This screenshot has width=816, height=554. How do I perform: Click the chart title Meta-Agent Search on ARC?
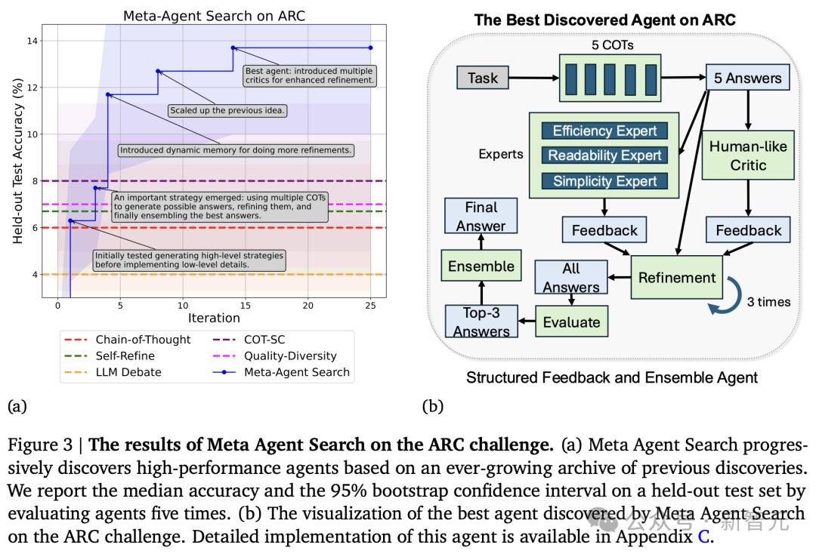pyautogui.click(x=214, y=16)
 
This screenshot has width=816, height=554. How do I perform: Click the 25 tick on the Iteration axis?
pyautogui.click(x=370, y=306)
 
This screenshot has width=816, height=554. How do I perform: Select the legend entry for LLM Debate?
pyautogui.click(x=128, y=372)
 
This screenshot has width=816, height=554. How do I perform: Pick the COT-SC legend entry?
pyautogui.click(x=264, y=340)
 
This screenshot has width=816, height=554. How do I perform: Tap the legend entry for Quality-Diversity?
pyautogui.click(x=290, y=355)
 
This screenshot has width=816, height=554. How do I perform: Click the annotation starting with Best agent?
pyautogui.click(x=309, y=75)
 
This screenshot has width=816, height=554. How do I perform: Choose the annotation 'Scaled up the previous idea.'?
pyautogui.click(x=227, y=110)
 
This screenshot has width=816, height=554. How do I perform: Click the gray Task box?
pyautogui.click(x=483, y=78)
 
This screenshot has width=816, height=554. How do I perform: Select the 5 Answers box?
pyautogui.click(x=748, y=78)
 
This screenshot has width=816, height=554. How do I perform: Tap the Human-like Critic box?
pyautogui.click(x=748, y=155)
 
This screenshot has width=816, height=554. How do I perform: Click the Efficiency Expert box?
pyautogui.click(x=604, y=131)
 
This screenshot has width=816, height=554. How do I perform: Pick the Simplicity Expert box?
pyautogui.click(x=604, y=181)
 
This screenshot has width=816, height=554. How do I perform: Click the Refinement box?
pyautogui.click(x=677, y=277)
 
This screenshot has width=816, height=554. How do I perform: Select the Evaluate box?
pyautogui.click(x=571, y=322)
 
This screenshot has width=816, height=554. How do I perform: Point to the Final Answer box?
pyautogui.click(x=481, y=216)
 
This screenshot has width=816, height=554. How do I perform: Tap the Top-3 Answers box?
pyautogui.click(x=481, y=322)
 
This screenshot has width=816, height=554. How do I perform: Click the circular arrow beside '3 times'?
pyautogui.click(x=722, y=297)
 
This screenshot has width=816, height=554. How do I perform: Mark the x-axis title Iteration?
pyautogui.click(x=214, y=318)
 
